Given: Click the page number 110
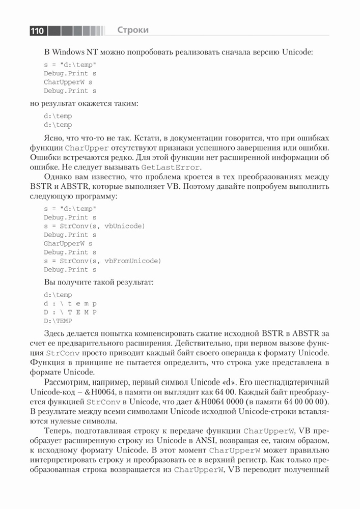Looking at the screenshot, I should [x=37, y=31].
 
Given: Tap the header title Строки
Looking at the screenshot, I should [x=133, y=30].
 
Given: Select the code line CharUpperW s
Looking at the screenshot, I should [x=68, y=81].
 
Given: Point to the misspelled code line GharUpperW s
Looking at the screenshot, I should [x=68, y=243].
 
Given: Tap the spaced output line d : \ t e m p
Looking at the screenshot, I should [x=70, y=303].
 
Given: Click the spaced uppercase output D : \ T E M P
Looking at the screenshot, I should [x=70, y=312].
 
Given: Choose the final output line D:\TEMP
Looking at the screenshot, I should [x=58, y=321].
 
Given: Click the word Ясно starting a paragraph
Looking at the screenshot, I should [x=54, y=138].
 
